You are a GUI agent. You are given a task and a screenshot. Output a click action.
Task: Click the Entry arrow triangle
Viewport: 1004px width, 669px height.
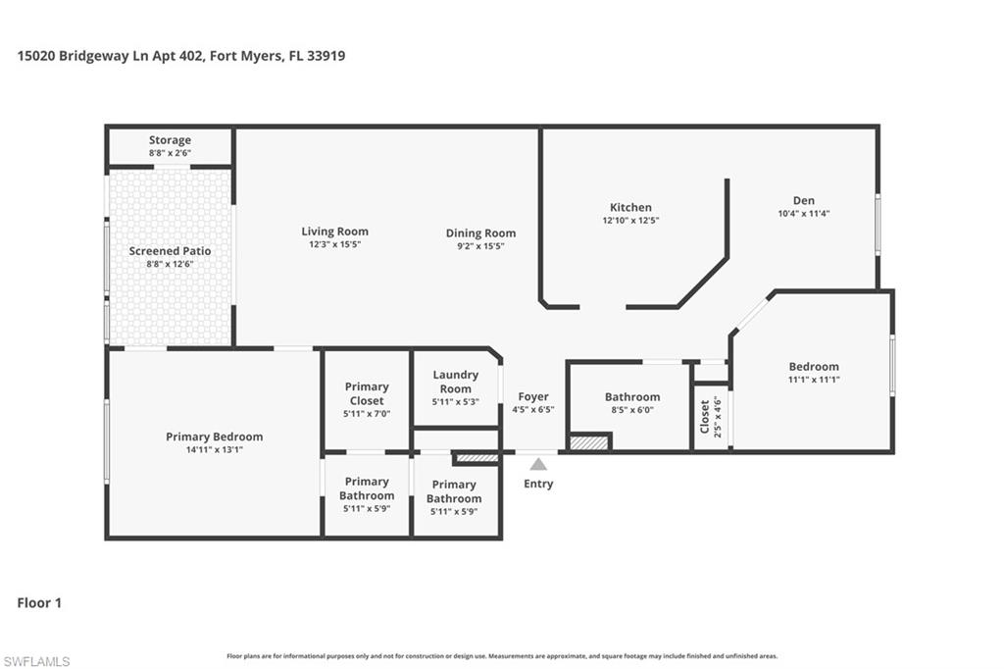(538, 464)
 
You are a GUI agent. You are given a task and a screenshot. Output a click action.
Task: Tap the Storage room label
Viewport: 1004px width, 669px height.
(170, 140)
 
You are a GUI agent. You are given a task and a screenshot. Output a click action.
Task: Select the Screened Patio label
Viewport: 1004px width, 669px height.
(170, 251)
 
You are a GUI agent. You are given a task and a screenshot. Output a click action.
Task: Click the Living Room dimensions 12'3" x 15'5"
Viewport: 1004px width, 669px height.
(335, 244)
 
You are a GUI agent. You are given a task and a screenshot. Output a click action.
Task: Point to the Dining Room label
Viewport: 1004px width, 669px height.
(480, 233)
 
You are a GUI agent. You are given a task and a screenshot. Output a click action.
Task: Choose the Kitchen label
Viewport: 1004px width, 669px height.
(630, 207)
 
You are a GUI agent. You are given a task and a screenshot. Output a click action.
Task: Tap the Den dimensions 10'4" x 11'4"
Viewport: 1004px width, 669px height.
(804, 213)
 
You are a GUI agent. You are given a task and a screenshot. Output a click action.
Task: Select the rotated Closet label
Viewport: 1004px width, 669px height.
(705, 416)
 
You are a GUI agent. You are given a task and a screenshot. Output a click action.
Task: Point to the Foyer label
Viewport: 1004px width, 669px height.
(533, 396)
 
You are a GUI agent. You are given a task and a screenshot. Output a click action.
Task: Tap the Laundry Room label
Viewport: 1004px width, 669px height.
(456, 382)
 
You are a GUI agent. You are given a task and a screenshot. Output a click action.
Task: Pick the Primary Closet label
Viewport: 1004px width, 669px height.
(367, 393)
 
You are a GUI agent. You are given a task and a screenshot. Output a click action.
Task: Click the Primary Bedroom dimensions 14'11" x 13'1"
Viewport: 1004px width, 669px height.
(214, 449)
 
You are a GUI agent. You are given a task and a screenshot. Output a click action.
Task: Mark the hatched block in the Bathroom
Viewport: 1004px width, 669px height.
(589, 442)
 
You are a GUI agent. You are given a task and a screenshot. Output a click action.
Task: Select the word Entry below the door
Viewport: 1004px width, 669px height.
(538, 484)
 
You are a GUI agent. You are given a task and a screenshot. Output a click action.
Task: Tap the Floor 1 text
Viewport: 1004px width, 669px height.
(39, 602)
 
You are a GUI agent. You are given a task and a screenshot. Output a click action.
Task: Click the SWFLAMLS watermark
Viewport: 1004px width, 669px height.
(36, 661)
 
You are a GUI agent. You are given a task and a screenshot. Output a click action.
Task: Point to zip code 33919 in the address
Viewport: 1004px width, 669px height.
(326, 56)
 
